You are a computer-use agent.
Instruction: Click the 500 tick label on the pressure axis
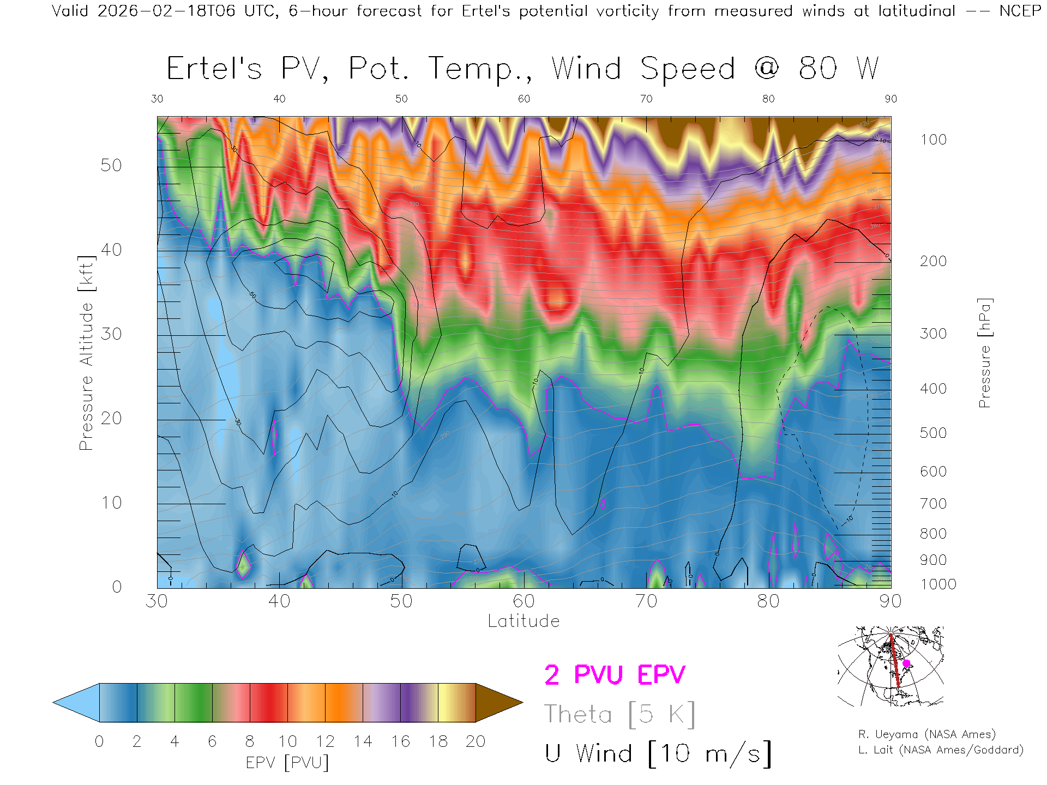tap(933, 433)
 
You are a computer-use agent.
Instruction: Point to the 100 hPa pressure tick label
tap(933, 140)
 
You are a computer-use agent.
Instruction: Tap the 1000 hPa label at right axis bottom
tap(938, 584)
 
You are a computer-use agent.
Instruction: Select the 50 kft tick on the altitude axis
tap(111, 165)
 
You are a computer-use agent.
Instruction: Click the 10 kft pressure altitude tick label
tap(111, 503)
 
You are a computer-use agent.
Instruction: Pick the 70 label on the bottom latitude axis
tap(646, 601)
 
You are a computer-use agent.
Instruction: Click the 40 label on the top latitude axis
tap(279, 99)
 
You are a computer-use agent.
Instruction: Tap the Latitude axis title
tap(523, 621)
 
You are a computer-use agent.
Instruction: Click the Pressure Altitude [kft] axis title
tap(86, 353)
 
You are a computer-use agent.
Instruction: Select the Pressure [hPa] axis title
tap(984, 353)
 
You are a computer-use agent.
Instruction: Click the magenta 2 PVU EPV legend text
tap(615, 675)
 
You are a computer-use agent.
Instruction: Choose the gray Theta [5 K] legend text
tap(619, 714)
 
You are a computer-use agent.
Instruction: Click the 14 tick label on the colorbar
tap(363, 741)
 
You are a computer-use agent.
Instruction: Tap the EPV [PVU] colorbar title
tap(287, 763)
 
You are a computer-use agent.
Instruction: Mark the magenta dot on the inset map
tap(906, 663)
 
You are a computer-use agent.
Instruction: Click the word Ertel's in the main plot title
tap(214, 69)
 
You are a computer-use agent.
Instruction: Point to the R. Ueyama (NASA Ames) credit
tap(927, 734)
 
